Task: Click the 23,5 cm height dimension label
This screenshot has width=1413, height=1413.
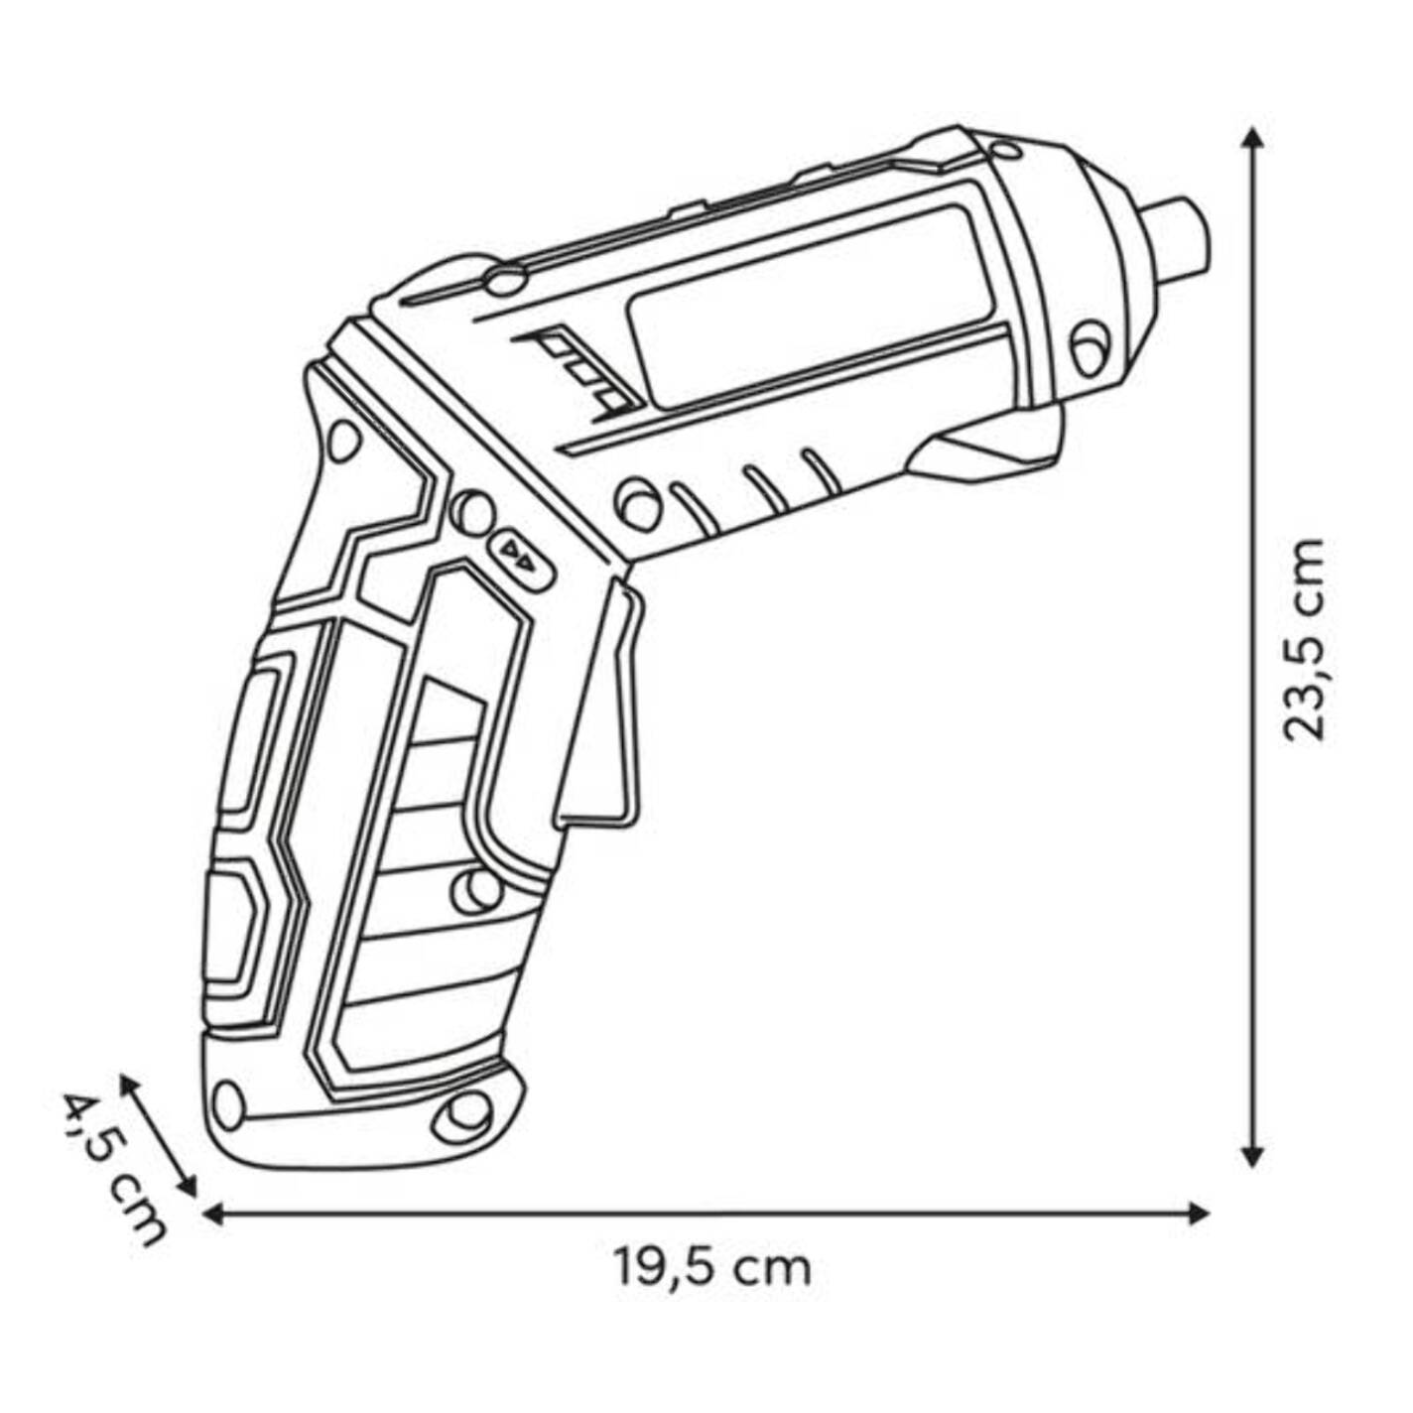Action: click(x=1305, y=640)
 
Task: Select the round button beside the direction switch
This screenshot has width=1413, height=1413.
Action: click(x=471, y=513)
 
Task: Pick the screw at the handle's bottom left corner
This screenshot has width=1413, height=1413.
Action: click(x=228, y=1124)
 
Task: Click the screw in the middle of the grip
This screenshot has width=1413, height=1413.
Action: click(x=477, y=892)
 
